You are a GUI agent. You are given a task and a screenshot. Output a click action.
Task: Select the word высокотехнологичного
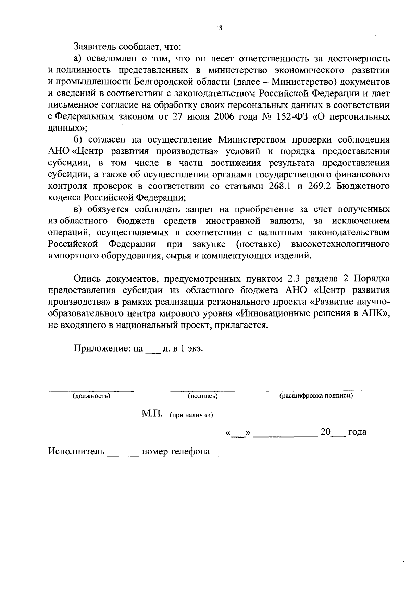(x=340, y=244)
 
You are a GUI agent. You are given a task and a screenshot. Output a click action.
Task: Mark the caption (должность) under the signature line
(x=91, y=396)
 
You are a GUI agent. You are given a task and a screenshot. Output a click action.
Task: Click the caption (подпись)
(x=203, y=396)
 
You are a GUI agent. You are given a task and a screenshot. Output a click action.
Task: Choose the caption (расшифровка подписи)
(x=316, y=396)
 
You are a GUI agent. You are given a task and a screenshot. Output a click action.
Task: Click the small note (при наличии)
(x=191, y=415)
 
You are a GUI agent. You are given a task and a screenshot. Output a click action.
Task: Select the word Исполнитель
(x=76, y=451)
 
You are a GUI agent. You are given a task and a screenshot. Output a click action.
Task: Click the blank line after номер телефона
(x=247, y=454)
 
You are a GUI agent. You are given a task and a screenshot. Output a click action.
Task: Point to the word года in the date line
(x=357, y=432)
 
